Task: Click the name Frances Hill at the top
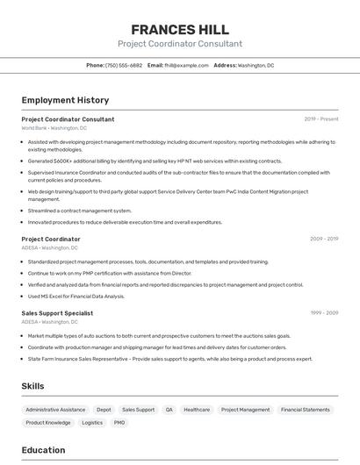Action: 180,29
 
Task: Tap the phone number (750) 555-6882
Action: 124,65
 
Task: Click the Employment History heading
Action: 65,100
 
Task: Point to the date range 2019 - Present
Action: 321,119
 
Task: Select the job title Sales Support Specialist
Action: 57,313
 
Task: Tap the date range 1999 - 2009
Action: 324,313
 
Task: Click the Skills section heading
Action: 33,386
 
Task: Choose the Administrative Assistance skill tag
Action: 55,410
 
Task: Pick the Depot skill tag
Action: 104,410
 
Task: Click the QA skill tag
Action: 169,410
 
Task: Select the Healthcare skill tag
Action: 197,410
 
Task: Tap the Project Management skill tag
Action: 245,410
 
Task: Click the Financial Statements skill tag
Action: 306,410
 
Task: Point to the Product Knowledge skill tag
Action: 48,423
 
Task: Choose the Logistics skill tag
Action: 92,423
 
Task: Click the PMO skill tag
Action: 119,423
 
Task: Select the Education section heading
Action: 43,451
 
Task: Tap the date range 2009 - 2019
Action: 324,240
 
